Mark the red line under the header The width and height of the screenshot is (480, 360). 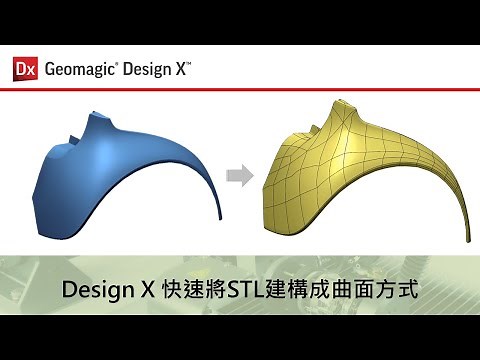coord(240,89)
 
